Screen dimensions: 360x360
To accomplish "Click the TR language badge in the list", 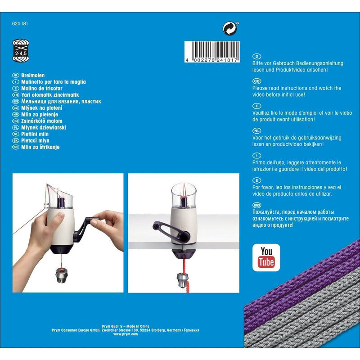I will [x=15, y=95].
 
